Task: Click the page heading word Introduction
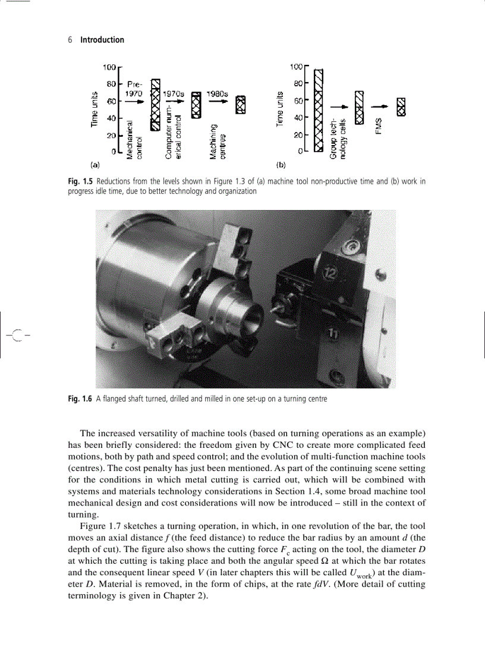tap(102, 40)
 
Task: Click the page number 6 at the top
tap(70, 40)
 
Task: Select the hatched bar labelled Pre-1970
tap(155, 104)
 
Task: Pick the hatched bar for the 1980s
tap(240, 105)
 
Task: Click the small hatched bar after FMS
tap(401, 106)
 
